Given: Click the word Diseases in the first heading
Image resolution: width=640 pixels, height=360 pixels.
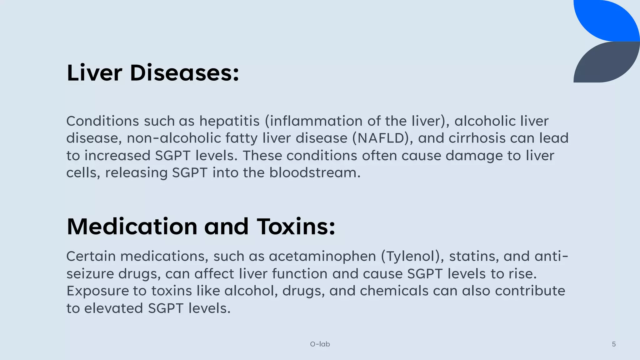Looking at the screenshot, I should tap(184, 73).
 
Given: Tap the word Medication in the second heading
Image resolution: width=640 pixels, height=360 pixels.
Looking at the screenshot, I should tap(132, 227).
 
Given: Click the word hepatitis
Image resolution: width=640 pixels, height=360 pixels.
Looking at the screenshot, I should tap(229, 121).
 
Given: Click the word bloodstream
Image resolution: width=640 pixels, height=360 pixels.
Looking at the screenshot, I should tap(315, 173).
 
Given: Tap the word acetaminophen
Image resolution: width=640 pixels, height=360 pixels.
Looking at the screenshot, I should tap(322, 257).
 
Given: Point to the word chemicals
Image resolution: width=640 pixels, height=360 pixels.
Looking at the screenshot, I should tap(394, 291).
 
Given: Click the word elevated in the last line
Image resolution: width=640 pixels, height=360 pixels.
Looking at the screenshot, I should tap(114, 308).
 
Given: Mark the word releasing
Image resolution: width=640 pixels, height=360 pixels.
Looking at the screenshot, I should tap(136, 173).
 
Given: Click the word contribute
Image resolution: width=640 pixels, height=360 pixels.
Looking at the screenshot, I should tap(530, 291).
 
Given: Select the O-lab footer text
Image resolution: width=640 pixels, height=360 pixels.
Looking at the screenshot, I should tap(320, 344).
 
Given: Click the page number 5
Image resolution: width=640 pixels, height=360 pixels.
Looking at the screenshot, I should tap(614, 344).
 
